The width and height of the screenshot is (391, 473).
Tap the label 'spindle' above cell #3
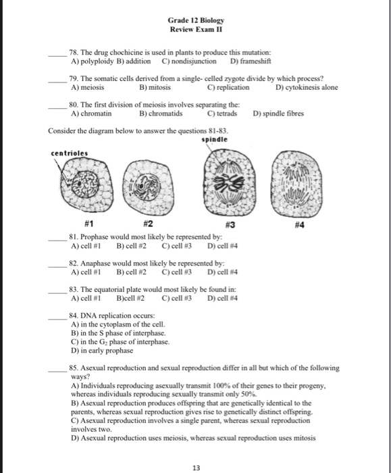[x=215, y=140]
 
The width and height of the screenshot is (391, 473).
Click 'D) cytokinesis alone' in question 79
[x=307, y=87]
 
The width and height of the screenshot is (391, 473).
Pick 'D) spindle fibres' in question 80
[x=280, y=114]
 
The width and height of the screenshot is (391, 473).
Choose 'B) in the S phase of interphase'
[x=120, y=333]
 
